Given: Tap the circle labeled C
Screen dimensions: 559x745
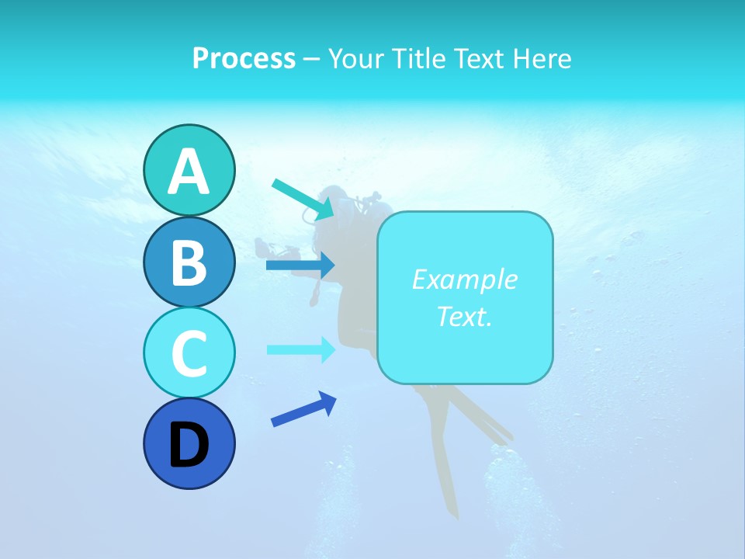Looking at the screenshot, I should pos(189,352).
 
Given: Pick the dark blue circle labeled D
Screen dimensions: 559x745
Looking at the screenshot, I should pos(189,443).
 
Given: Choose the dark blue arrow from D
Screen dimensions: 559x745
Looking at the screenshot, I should pos(303,409).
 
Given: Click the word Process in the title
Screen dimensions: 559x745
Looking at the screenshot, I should pos(244,58).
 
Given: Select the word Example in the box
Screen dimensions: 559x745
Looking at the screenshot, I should pos(464,279).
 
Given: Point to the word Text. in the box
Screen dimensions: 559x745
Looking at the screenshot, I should pos(464,316).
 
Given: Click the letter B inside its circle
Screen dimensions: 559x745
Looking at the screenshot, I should pos(189,262).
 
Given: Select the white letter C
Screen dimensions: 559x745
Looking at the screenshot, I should pos(189,353).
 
